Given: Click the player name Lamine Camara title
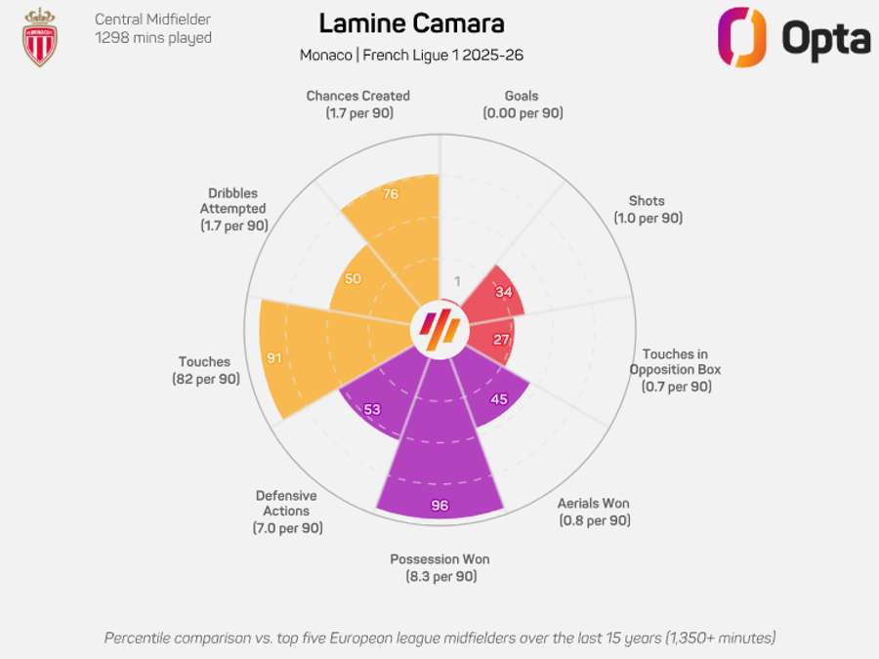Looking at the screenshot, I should coord(411,23).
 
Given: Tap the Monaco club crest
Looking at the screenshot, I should coord(40,37).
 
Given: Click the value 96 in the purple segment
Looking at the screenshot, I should coord(439,506).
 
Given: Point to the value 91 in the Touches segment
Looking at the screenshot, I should coord(274,358).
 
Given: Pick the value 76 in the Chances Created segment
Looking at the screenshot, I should coord(391,194).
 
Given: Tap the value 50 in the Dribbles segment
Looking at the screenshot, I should coord(353,278).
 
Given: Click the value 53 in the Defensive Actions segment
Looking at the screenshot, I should coord(371,409).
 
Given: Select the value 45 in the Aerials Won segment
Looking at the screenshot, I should coord(499,398).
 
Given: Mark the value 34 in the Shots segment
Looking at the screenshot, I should coord(503,291).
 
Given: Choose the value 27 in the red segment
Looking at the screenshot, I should coord(502,340).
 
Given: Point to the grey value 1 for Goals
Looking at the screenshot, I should coord(456,282).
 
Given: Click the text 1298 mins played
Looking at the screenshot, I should coord(153,38).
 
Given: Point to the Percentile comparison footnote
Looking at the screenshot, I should coord(439,638).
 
